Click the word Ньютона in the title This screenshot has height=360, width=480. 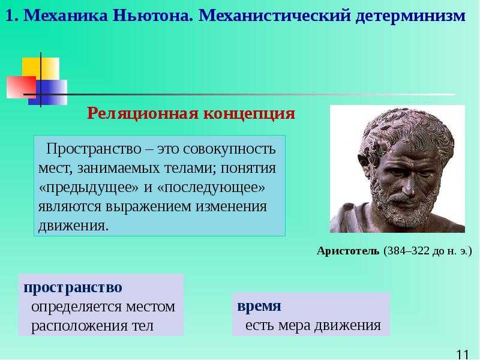[153, 16]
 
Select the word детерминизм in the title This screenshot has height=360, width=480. [410, 16]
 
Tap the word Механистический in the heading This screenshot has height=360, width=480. [275, 16]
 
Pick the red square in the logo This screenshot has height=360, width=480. [22, 87]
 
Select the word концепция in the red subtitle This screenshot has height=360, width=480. [249, 114]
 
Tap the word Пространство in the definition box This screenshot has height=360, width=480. [94, 149]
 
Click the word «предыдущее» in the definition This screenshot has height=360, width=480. [89, 187]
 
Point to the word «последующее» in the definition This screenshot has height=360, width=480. [211, 187]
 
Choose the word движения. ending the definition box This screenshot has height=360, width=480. [73, 226]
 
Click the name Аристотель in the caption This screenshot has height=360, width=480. [348, 251]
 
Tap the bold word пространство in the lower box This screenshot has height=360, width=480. [73, 287]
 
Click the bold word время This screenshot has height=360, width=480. [259, 306]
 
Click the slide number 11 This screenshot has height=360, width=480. [463, 355]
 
